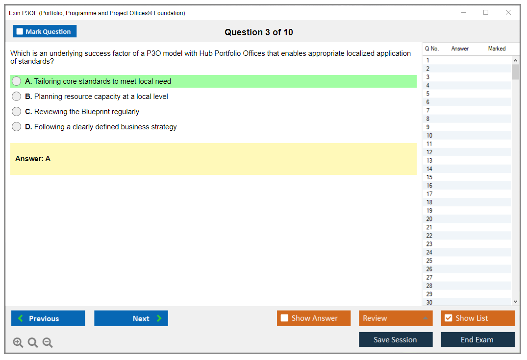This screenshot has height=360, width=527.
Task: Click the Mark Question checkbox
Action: click(x=20, y=31)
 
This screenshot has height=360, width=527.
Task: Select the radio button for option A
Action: click(x=17, y=81)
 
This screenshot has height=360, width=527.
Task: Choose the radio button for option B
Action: click(x=17, y=96)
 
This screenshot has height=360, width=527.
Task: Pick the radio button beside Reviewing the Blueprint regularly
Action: click(x=17, y=112)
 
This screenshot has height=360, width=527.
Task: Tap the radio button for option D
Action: click(x=17, y=126)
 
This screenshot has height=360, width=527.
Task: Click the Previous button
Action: click(x=48, y=318)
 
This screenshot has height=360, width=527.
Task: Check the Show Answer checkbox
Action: click(x=284, y=318)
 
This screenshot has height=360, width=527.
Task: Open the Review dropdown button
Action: click(x=396, y=318)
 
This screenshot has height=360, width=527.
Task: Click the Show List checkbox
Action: click(x=449, y=318)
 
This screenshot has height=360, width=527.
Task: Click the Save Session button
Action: click(x=396, y=339)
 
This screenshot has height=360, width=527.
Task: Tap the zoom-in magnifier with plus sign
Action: click(x=18, y=342)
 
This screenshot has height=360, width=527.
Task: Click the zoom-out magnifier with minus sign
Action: click(x=48, y=342)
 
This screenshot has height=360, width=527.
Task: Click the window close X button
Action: click(x=508, y=12)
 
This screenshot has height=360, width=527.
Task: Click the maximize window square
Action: click(x=486, y=12)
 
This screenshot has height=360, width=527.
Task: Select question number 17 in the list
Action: click(x=429, y=194)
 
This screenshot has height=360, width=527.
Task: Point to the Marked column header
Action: click(x=497, y=48)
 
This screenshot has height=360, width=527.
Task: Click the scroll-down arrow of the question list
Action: click(x=515, y=302)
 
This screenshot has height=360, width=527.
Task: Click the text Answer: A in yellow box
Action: click(x=33, y=159)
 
